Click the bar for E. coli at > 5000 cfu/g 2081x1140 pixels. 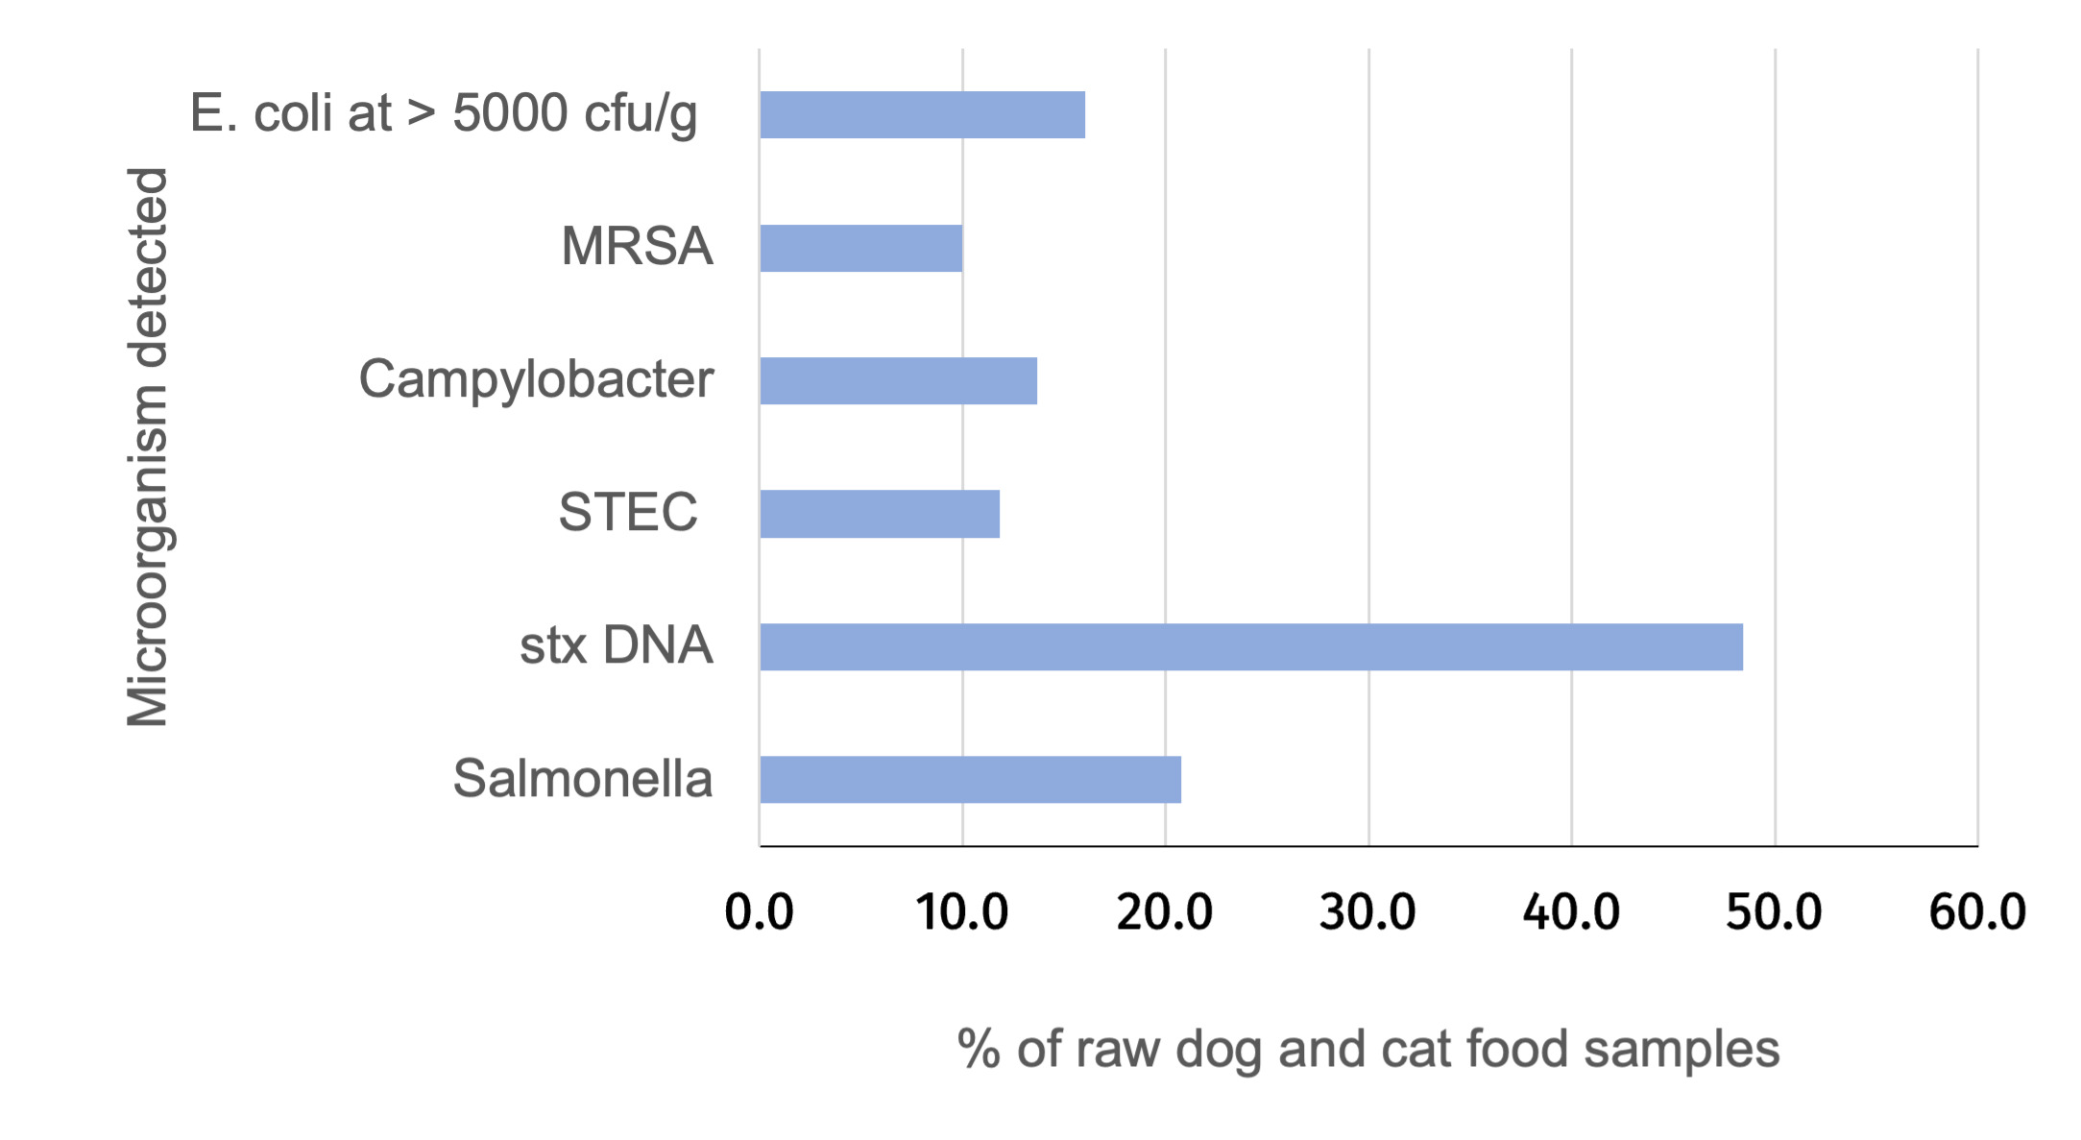(922, 115)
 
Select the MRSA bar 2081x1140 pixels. (860, 248)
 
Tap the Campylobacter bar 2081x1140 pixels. (898, 381)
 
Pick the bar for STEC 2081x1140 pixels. (879, 514)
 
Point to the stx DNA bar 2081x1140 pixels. (1250, 646)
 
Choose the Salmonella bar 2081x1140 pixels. (970, 779)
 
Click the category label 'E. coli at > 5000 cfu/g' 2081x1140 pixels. (444, 113)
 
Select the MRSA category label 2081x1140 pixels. (637, 246)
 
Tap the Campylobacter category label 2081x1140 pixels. (536, 379)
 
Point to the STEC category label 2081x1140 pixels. (628, 512)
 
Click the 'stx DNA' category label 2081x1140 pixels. (616, 644)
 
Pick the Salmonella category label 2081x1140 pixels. (582, 778)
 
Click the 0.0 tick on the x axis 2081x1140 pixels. (759, 911)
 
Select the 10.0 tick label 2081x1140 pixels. (961, 911)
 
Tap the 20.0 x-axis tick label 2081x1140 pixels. (1165, 911)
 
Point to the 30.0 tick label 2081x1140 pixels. (1367, 911)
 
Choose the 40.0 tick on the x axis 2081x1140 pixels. (1571, 911)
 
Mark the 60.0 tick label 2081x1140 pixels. (1977, 911)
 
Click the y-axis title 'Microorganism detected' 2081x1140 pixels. (148, 447)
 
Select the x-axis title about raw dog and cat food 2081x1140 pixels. (1368, 1049)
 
